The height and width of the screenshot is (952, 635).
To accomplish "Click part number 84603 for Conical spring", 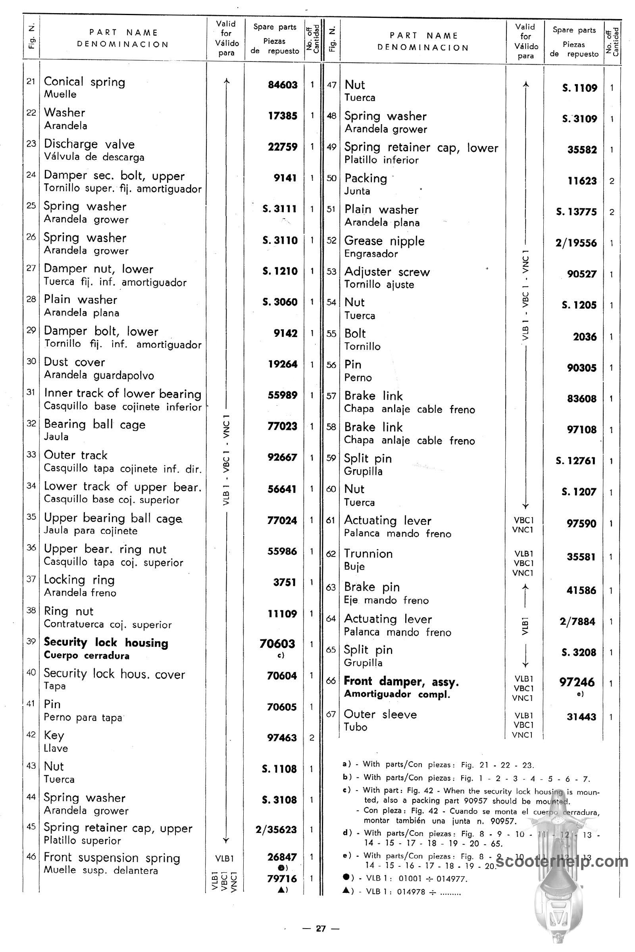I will pyautogui.click(x=282, y=85).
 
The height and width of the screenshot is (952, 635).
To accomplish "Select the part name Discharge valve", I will pyautogui.click(x=89, y=144).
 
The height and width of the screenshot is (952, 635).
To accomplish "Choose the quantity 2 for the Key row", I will pyautogui.click(x=312, y=737).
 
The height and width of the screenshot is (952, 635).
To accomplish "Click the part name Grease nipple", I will pyautogui.click(x=384, y=241).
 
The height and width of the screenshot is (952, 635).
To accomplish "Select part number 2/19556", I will pyautogui.click(x=576, y=243).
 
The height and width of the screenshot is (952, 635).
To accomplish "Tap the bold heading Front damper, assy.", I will pyautogui.click(x=401, y=681).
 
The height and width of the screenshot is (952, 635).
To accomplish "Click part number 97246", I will pyautogui.click(x=577, y=682).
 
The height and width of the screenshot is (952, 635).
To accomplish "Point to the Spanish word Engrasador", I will pyautogui.click(x=371, y=254).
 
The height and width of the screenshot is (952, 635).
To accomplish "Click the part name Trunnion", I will pyautogui.click(x=368, y=554).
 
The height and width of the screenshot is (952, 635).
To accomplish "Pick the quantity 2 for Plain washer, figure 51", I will pyautogui.click(x=612, y=212).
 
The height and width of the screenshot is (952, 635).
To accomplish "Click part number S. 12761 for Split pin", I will pyautogui.click(x=576, y=461).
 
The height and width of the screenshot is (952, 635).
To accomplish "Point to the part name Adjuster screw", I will pyautogui.click(x=387, y=272).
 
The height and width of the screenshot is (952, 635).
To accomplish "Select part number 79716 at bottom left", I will pyautogui.click(x=282, y=879).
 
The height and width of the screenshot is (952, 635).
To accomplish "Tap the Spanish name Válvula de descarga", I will pyautogui.click(x=94, y=157).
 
